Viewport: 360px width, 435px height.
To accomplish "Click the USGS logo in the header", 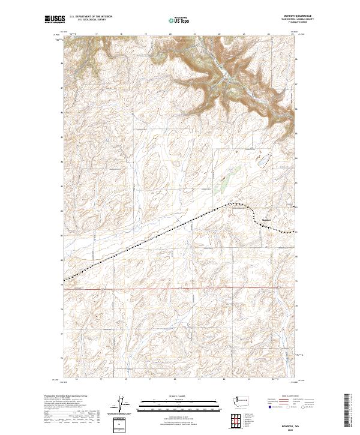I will point(55,19).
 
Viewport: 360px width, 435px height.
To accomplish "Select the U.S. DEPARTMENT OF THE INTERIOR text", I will point(90,17).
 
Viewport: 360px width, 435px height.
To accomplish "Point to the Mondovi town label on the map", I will point(268,219).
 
